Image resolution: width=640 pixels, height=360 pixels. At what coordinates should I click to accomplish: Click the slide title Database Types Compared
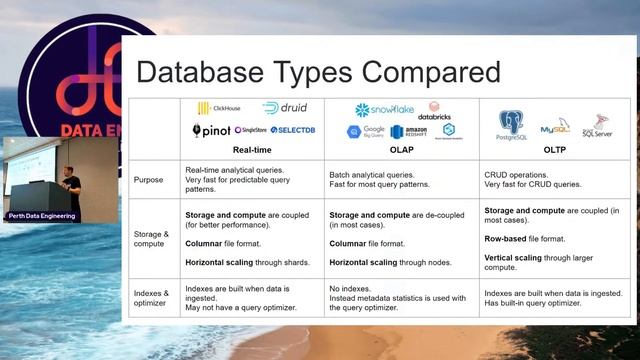pyautogui.click(x=318, y=73)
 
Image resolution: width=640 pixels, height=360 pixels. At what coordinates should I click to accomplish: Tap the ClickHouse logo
pyautogui.click(x=219, y=108)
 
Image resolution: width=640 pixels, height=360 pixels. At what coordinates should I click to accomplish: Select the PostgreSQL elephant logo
pyautogui.click(x=511, y=126)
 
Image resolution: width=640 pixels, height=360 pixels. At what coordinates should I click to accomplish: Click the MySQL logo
pyautogui.click(x=555, y=128)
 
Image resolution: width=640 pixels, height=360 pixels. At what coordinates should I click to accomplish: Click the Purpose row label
pyautogui.click(x=149, y=180)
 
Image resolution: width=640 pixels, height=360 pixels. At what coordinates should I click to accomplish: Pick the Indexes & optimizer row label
pyautogui.click(x=153, y=299)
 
